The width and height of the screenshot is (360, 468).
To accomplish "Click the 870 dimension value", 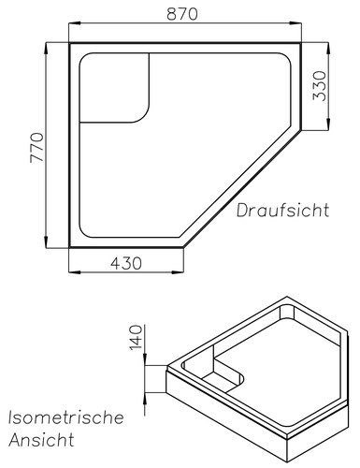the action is (182, 14).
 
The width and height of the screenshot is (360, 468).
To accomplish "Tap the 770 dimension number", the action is (36, 148).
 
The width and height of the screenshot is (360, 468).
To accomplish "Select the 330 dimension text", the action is (320, 86).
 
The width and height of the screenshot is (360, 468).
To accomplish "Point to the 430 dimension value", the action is (126, 263).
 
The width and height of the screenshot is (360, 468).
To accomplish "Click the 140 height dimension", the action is (136, 338).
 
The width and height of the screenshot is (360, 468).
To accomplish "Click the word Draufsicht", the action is (283, 211).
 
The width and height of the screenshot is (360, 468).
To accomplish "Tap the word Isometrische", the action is (66, 417).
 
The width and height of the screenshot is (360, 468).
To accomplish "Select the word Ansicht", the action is (42, 440).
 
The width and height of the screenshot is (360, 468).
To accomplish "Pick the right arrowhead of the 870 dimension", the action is (295, 23).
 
